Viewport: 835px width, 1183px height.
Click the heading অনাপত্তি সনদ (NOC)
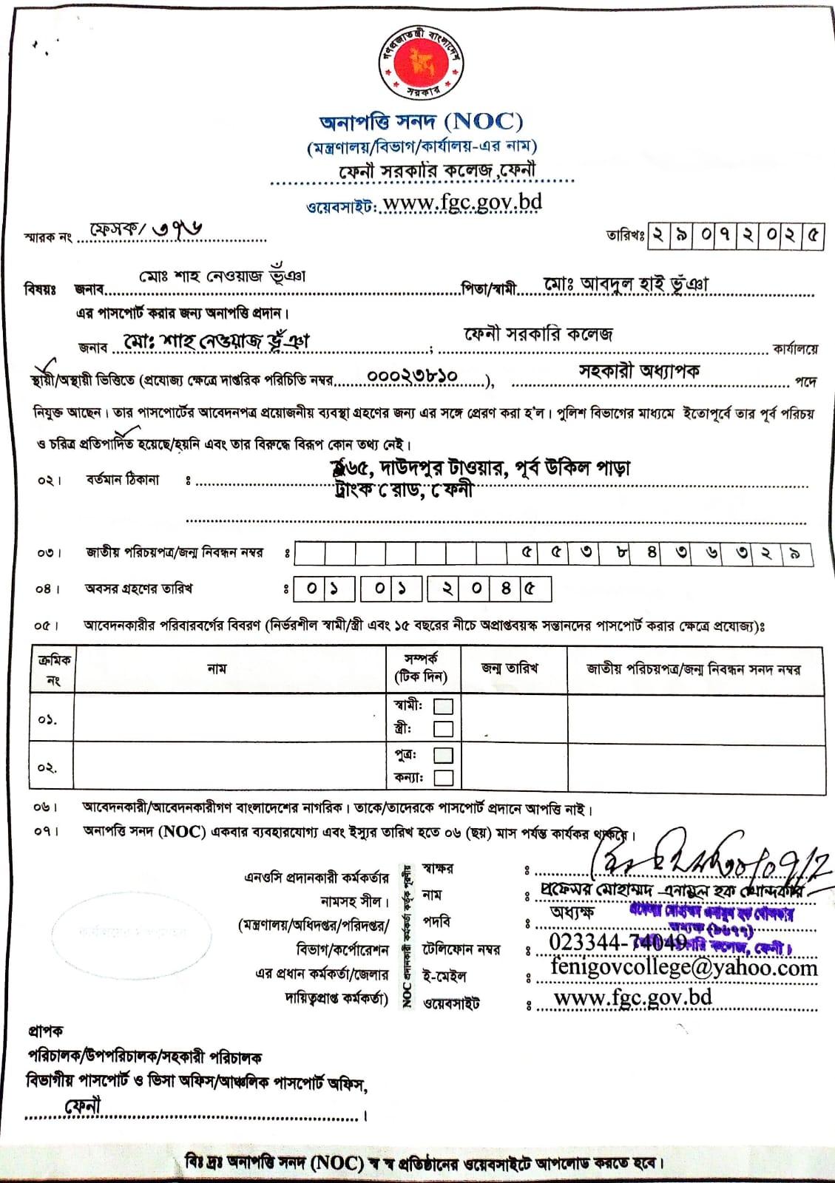tap(421, 121)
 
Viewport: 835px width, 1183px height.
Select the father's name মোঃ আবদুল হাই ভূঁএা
tap(626, 285)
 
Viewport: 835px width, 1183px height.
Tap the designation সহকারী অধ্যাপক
tap(639, 371)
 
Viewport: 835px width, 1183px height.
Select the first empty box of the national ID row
tap(309, 553)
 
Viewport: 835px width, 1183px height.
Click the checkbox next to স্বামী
tap(443, 706)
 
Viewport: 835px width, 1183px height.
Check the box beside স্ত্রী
tap(443, 729)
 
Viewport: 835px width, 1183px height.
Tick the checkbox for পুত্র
tap(443, 755)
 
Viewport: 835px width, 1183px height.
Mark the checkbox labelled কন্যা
tap(443, 777)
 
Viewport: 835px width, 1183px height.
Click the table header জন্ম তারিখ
tap(510, 668)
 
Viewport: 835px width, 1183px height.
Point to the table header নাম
tap(217, 669)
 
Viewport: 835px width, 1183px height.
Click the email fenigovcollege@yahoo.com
tap(684, 968)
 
